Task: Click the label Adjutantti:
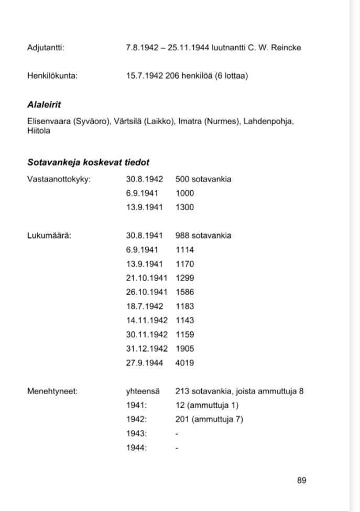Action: coord(46,48)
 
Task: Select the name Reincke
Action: coord(287,48)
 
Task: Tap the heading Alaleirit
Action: coord(44,105)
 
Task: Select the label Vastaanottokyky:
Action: coord(59,180)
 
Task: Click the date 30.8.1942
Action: coord(145,180)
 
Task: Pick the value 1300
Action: coord(184,207)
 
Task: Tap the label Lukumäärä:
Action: coord(49,236)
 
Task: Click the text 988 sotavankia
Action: coord(203,236)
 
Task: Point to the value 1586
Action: coord(184,292)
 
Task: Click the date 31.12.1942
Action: coord(147,348)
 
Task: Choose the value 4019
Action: coord(184,363)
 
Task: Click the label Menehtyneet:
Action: coord(52,391)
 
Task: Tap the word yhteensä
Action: coord(143,391)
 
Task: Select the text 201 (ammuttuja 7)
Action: coord(209,419)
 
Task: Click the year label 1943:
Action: coord(137,433)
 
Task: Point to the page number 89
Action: coord(301,480)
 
